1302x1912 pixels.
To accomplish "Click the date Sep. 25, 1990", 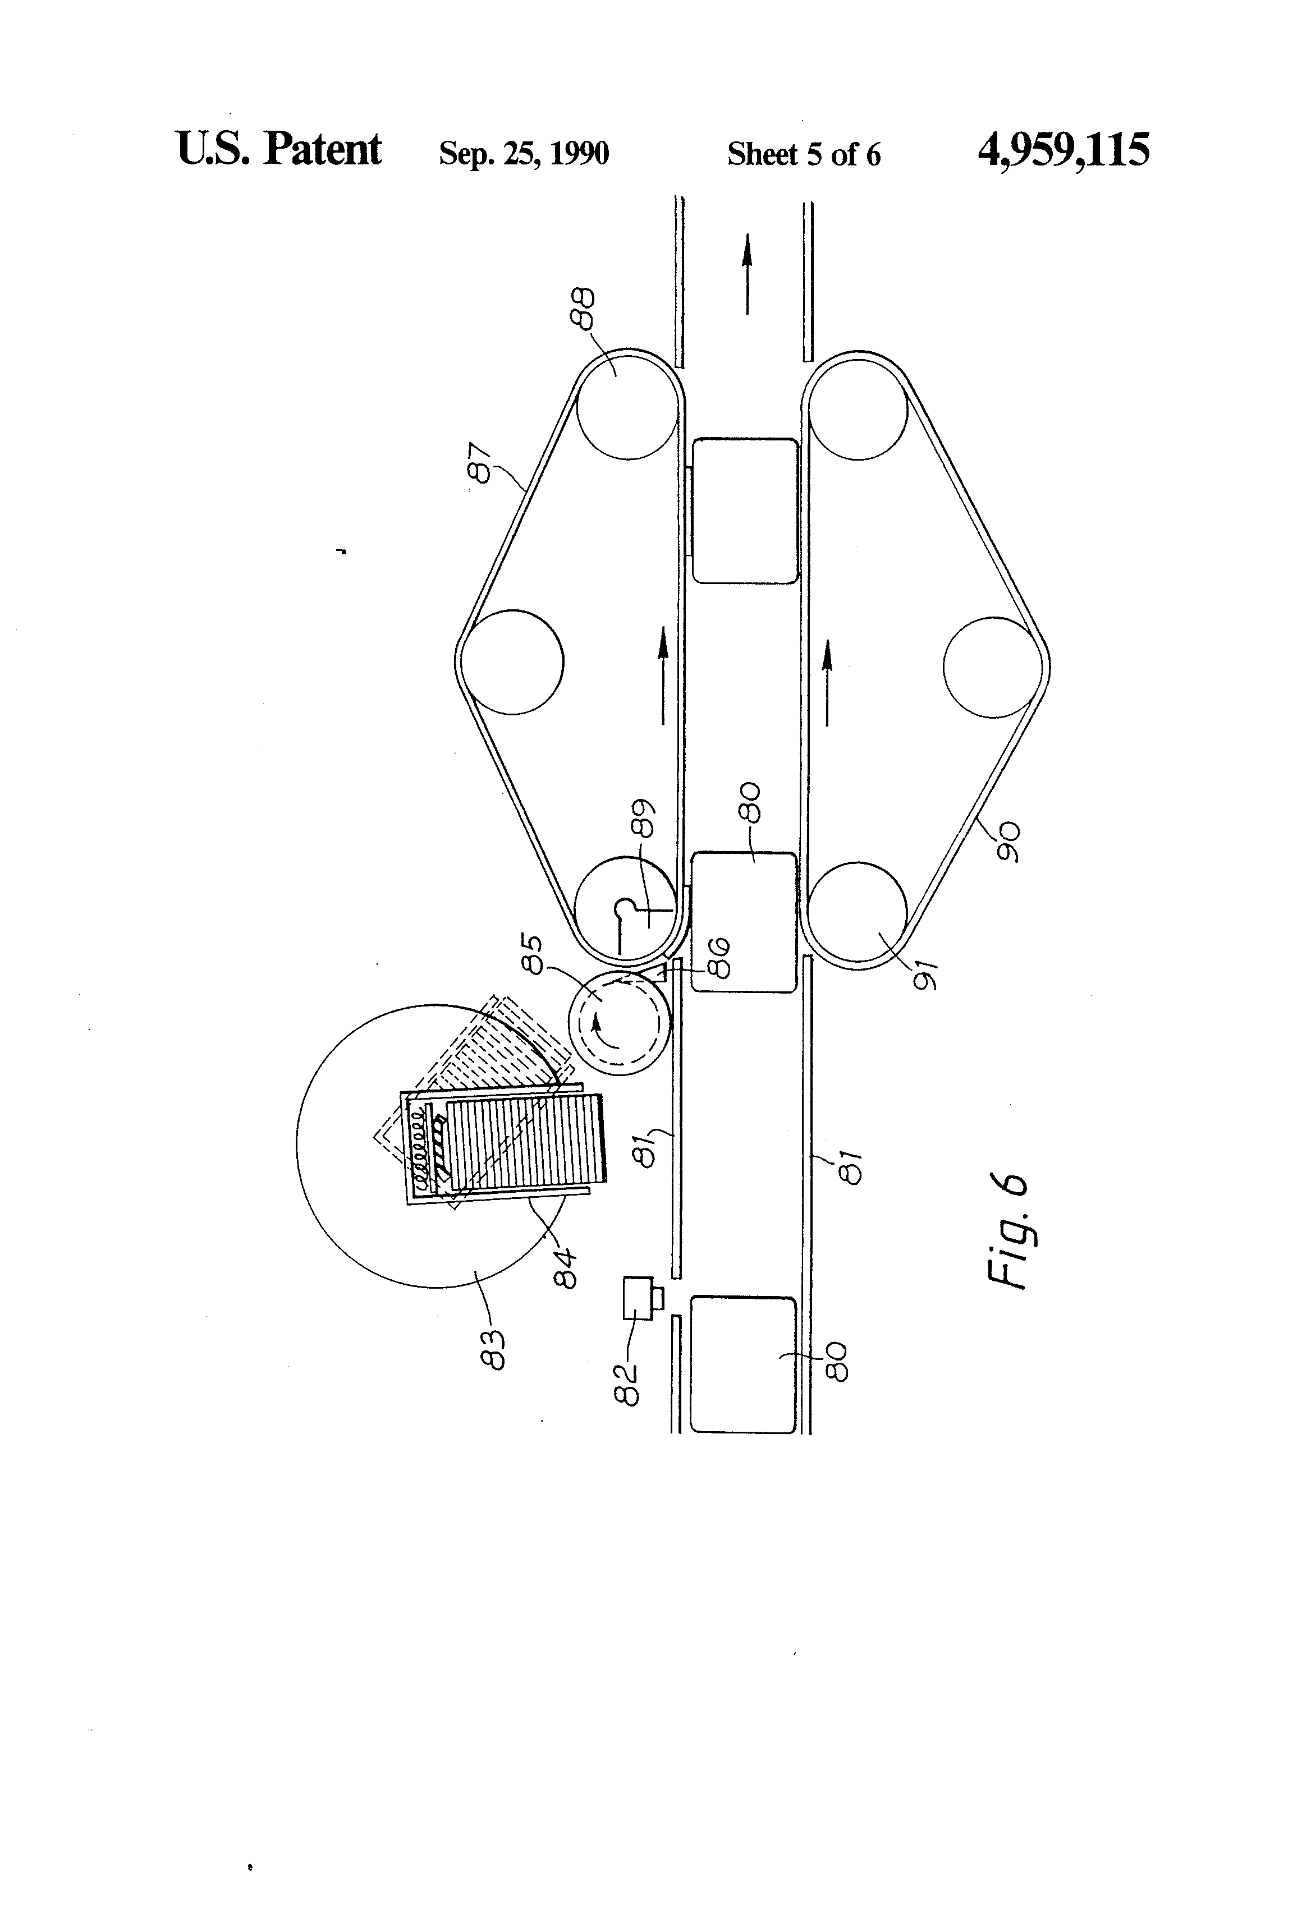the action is click(x=524, y=154).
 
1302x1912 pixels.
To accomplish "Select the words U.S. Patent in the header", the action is click(x=279, y=149).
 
